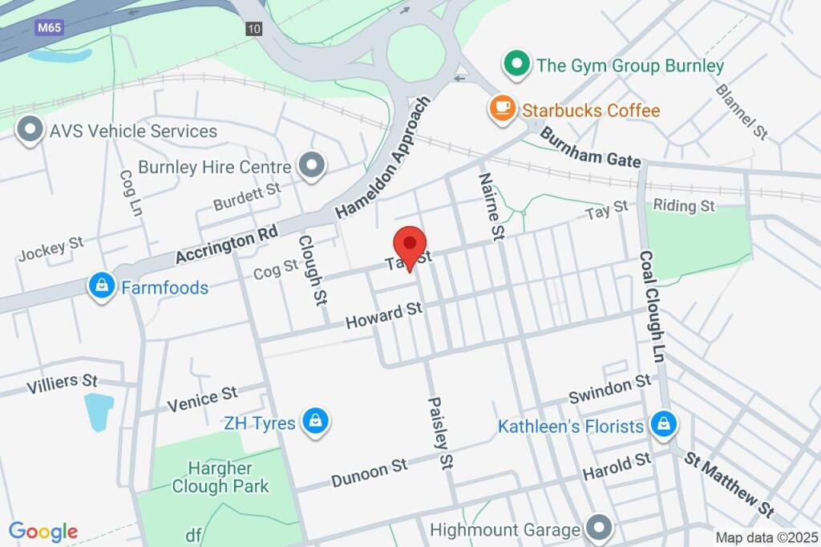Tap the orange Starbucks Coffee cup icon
click(x=503, y=108)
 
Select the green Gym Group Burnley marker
click(x=517, y=64)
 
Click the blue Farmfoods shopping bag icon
click(x=102, y=286)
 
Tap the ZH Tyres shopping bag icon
click(x=317, y=422)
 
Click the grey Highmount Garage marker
click(x=598, y=529)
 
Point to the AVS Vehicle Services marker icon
click(x=30, y=130)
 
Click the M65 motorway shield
click(x=50, y=28)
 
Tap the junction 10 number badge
click(x=254, y=28)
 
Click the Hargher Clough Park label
click(x=220, y=476)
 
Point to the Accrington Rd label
click(x=226, y=243)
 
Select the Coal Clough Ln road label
click(x=651, y=306)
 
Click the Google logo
click(x=43, y=531)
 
